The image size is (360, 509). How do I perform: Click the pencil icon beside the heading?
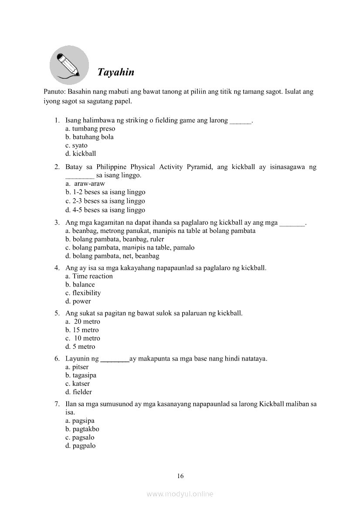(x=69, y=65)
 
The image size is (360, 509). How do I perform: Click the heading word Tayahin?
(x=115, y=72)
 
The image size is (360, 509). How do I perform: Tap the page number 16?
(x=180, y=476)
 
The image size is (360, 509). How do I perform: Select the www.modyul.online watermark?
(x=180, y=494)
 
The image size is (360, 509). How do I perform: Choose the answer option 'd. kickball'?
(x=81, y=154)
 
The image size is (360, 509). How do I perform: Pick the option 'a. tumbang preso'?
(x=90, y=128)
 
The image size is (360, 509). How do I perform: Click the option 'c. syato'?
(x=76, y=145)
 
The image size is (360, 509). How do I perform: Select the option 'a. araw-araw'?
(x=85, y=184)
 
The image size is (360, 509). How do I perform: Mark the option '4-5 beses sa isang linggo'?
(x=105, y=210)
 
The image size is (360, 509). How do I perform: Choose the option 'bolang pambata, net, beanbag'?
(x=112, y=256)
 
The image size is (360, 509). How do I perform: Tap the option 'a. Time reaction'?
(x=89, y=276)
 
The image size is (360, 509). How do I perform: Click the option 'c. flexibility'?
(x=83, y=293)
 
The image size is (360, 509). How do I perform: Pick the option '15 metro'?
(x=82, y=330)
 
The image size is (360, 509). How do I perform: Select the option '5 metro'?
(x=80, y=347)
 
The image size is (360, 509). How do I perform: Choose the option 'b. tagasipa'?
(x=81, y=375)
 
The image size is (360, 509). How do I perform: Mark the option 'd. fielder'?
(x=78, y=392)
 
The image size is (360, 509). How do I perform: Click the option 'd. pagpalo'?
(x=80, y=446)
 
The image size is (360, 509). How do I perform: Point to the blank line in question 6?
(x=115, y=360)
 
